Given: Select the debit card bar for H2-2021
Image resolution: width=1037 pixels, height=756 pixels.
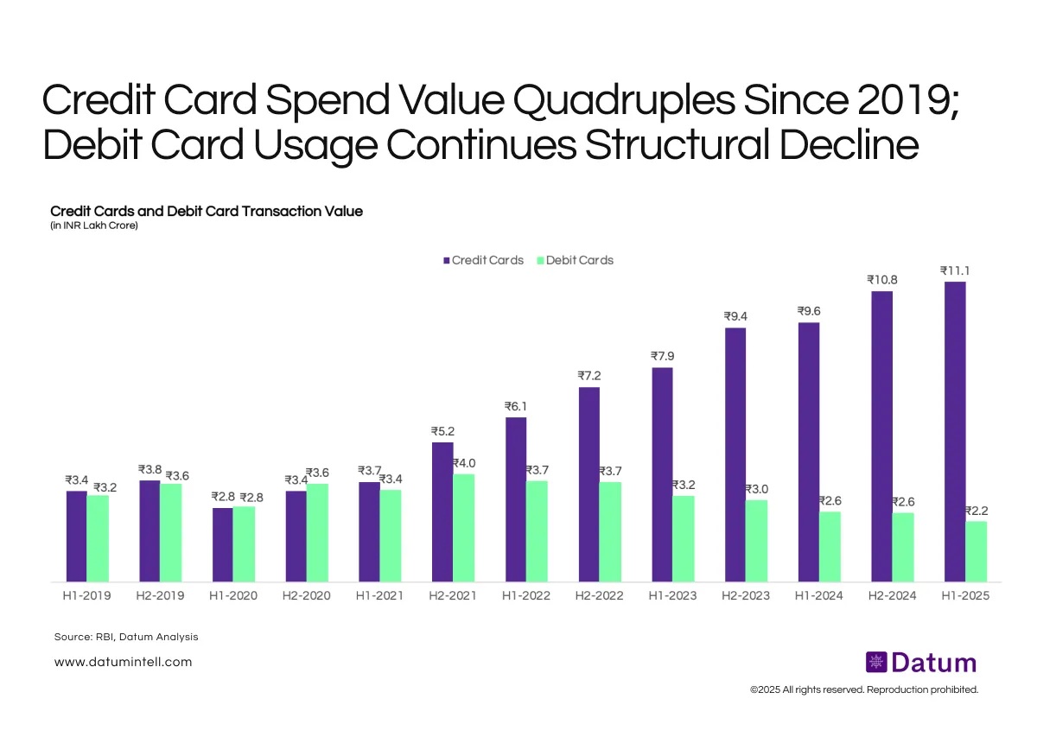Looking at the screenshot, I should click(x=463, y=527).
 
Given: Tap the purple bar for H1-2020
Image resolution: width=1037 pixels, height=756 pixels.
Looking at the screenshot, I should click(x=222, y=544).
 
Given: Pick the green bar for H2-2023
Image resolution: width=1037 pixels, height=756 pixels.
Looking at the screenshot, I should click(x=756, y=540).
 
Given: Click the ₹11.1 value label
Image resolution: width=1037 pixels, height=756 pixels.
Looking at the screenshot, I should click(x=955, y=271).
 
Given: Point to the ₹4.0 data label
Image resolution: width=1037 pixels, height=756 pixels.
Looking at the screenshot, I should click(x=464, y=463).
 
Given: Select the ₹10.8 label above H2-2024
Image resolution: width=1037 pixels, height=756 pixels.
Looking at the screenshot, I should click(x=881, y=280).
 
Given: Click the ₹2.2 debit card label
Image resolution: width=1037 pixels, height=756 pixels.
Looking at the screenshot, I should click(x=976, y=511).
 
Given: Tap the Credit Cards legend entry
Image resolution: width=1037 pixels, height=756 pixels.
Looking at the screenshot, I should click(x=483, y=260).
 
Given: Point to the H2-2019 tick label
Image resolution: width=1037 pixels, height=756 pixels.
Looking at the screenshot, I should click(x=160, y=596).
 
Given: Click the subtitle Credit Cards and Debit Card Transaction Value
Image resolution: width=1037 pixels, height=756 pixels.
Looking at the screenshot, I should click(x=207, y=211).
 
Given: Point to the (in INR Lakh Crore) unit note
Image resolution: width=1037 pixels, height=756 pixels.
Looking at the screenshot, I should click(x=94, y=226).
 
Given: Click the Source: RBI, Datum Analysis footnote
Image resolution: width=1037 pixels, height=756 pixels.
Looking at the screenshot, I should click(x=126, y=637).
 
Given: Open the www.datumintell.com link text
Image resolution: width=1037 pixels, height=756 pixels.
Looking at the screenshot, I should click(x=123, y=662).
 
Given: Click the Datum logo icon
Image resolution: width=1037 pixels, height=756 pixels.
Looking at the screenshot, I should click(x=877, y=663).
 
